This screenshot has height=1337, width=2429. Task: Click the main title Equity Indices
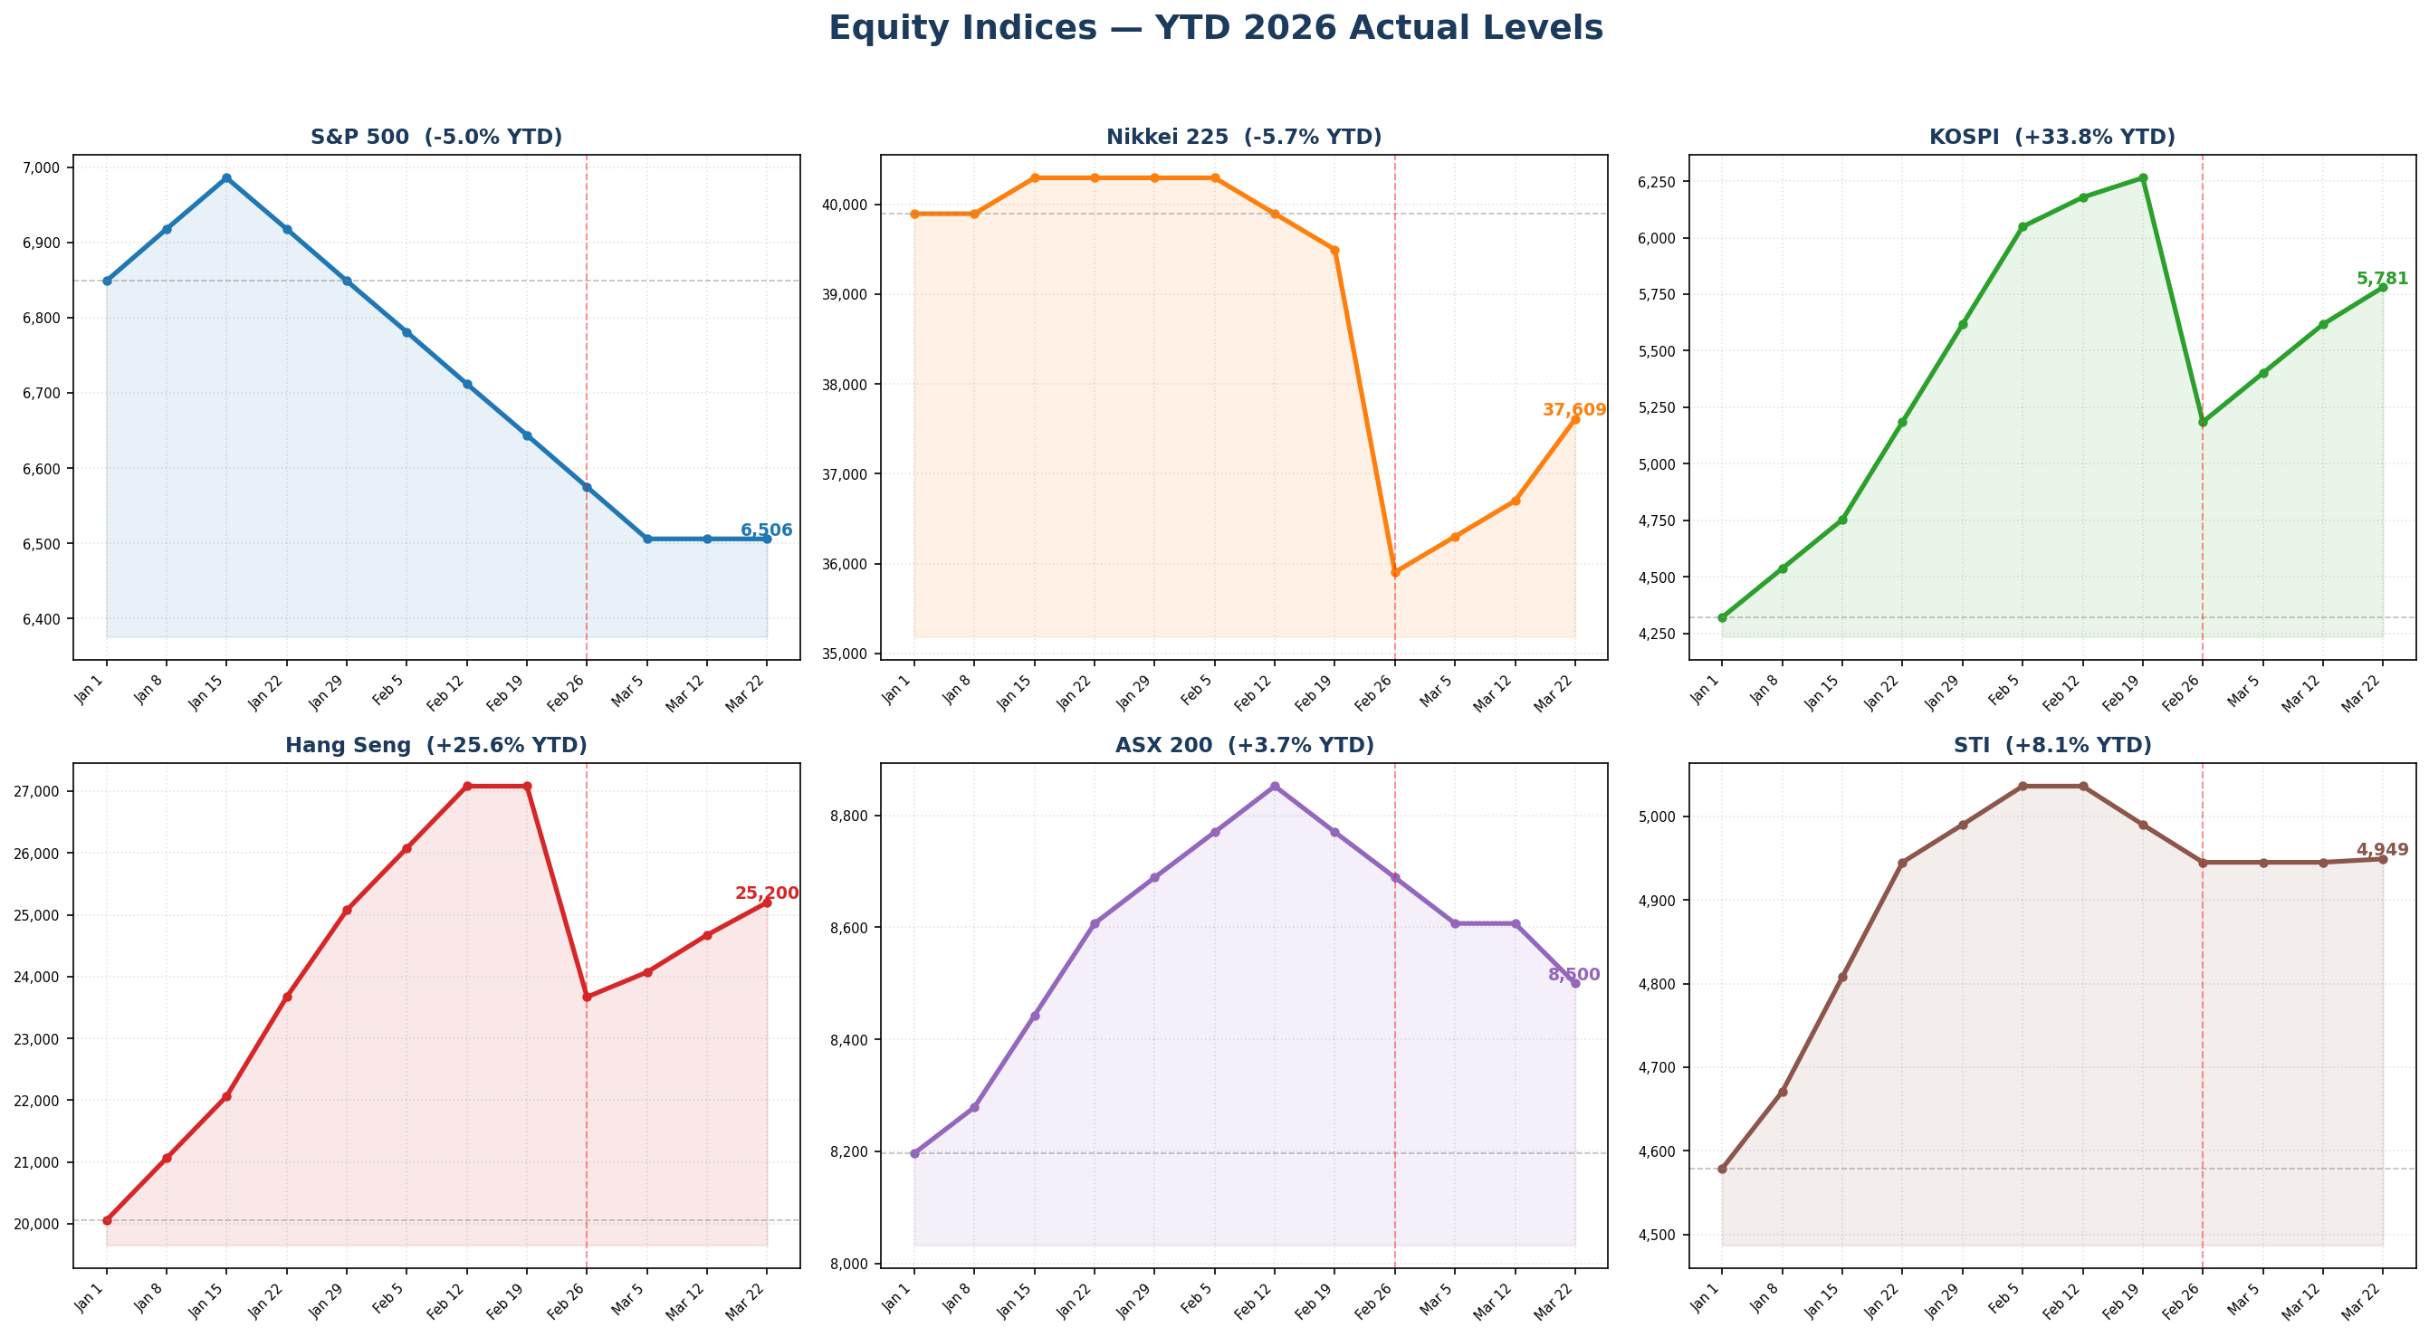tap(1215, 28)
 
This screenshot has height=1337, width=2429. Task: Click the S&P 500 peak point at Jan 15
tap(226, 178)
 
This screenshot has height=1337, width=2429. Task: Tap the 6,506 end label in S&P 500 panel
tap(766, 530)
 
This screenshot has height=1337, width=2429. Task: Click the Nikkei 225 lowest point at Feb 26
tap(1394, 572)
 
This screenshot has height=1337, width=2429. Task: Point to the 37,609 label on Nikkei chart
tap(1573, 410)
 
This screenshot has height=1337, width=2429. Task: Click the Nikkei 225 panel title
tap(1243, 138)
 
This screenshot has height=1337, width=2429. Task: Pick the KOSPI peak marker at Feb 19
tap(2142, 178)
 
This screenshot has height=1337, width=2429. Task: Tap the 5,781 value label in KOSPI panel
tap(2382, 279)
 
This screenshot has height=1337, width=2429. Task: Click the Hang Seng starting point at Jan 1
tap(107, 1220)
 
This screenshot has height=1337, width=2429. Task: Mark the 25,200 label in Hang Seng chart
tap(766, 893)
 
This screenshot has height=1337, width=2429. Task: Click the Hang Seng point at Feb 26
tap(587, 997)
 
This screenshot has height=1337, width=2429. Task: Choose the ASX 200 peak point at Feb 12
tap(1275, 787)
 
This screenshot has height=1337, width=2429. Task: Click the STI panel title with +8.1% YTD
tap(2051, 746)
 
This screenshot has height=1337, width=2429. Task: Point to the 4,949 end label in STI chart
tap(2382, 849)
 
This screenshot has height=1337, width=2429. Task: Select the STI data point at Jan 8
tap(1783, 1092)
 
